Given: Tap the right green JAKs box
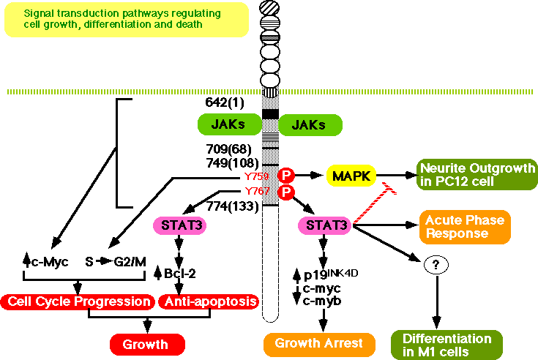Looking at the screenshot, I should click(x=311, y=125).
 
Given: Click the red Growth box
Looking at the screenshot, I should click(x=147, y=344).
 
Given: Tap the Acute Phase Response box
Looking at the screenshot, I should click(x=461, y=226).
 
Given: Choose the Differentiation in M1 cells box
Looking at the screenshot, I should click(x=447, y=345).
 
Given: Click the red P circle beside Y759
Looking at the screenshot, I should click(x=286, y=175).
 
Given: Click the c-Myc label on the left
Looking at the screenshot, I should click(x=45, y=260).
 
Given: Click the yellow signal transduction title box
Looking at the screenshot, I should click(x=102, y=19).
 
